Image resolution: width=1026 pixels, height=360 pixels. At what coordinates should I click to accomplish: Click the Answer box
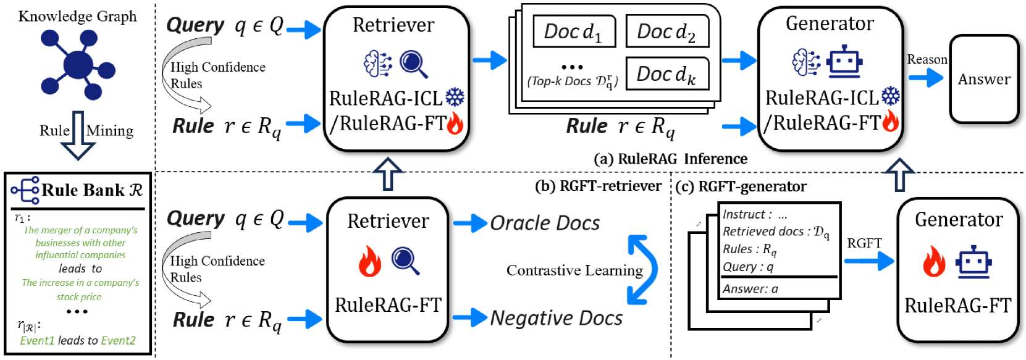point(983,79)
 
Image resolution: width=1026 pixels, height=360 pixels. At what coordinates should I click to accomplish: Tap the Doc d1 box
point(574,31)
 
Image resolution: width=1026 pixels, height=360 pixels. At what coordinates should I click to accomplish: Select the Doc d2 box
point(667,31)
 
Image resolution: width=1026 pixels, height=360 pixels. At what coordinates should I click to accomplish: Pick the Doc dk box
point(667,73)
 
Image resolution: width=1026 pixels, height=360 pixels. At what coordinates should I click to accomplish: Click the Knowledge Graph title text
point(77,17)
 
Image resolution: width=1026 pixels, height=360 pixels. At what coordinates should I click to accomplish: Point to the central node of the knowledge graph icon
point(78,65)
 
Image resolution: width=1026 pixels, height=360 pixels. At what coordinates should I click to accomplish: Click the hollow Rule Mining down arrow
point(78,135)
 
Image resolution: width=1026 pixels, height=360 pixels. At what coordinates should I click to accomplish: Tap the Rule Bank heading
point(91,190)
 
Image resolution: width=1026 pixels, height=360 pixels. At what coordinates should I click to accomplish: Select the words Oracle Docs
point(545,223)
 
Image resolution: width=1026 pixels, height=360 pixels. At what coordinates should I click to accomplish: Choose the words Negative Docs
point(557,318)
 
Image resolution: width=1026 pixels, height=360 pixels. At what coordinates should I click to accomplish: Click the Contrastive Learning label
point(574,270)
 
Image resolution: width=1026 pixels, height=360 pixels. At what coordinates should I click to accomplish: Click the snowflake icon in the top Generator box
point(891,96)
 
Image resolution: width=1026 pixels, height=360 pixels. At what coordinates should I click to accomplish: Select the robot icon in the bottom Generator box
point(973,262)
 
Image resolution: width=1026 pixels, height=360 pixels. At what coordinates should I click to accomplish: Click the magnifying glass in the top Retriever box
point(414,64)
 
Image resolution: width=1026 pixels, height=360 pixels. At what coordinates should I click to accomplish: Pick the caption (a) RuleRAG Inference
point(671,159)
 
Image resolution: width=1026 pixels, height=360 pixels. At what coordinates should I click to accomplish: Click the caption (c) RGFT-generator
point(741,186)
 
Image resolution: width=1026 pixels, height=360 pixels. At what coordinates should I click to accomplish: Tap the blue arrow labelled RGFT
point(869,262)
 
